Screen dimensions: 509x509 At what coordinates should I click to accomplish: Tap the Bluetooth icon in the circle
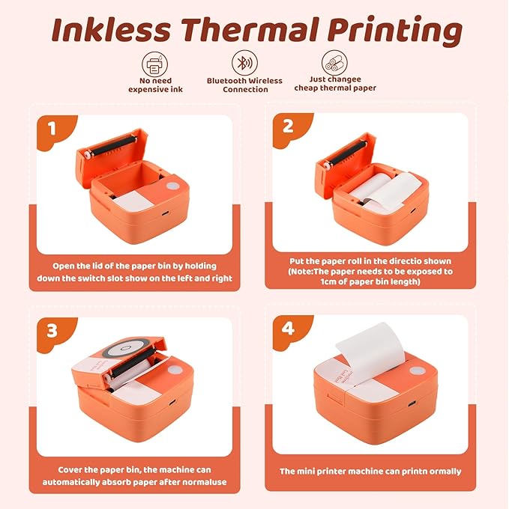tap(244, 61)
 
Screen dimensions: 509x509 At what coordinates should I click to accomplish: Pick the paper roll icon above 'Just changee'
tap(334, 61)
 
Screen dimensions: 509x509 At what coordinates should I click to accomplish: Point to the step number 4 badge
tap(289, 329)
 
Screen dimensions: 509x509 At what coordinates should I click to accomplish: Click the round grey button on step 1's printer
tap(172, 186)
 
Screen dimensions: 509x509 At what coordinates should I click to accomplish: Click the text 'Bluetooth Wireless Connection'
tap(244, 85)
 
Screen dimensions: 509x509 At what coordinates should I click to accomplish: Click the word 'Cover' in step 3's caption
tap(73, 470)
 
